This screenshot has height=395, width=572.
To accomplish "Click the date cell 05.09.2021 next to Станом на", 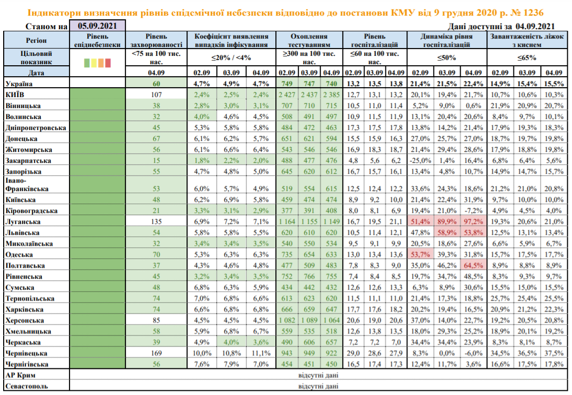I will tap(97, 26).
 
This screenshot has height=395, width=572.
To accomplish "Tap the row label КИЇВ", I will tap(16, 94).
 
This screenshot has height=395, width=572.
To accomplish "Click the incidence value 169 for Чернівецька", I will tap(156, 353).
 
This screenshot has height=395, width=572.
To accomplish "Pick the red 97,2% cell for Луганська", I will tap(473, 222).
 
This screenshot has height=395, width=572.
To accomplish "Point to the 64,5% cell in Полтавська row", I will tap(473, 266).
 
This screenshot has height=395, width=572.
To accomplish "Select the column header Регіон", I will tap(36, 41).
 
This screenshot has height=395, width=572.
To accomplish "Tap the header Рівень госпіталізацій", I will tap(375, 41).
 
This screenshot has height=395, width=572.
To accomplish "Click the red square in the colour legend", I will tap(108, 63).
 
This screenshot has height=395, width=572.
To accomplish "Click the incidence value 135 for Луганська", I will tap(156, 222).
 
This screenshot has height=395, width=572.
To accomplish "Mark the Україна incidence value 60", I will tap(156, 83).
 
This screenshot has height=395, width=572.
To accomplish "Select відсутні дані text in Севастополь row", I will tap(318, 386).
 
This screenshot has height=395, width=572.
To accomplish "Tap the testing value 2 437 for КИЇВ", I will tap(310, 94).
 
